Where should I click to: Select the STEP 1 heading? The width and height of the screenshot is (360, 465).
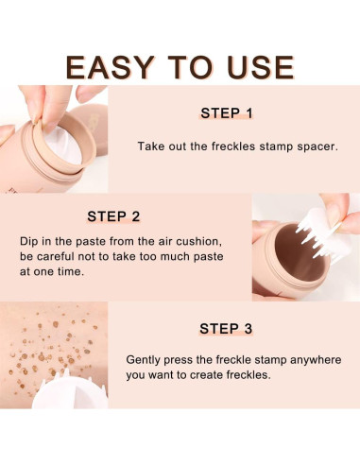(226, 113)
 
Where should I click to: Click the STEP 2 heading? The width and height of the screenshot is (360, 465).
(113, 215)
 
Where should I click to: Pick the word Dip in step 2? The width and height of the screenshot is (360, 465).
(29, 241)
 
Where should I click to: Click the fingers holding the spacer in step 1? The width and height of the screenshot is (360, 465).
(28, 104)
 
